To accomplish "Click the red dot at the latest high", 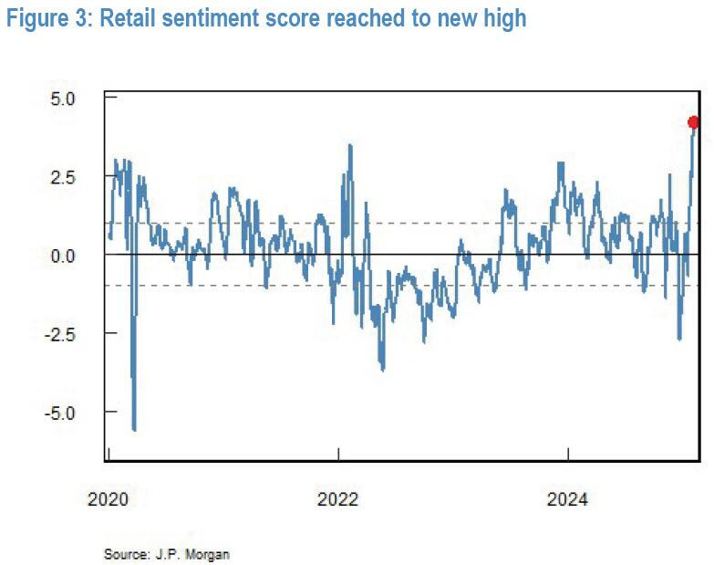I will click(x=693, y=122).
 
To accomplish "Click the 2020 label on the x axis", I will click(x=109, y=499).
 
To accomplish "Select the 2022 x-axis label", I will click(x=338, y=499).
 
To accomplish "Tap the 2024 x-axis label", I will click(x=568, y=499).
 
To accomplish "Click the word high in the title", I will click(x=504, y=17).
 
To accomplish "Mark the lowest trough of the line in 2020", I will click(x=134, y=429).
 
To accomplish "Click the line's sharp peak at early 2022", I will click(x=349, y=145).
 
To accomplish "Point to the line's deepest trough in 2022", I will click(x=382, y=370).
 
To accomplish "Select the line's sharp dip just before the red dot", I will click(x=679, y=340).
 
